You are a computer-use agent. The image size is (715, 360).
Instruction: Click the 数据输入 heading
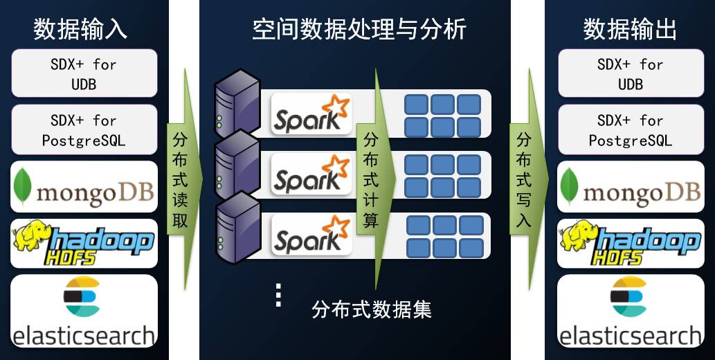click(80, 30)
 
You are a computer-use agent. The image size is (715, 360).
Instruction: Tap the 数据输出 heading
click(630, 30)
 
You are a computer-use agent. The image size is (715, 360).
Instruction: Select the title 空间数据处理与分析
click(359, 30)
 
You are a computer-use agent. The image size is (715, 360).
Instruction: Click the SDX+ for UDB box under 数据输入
click(84, 73)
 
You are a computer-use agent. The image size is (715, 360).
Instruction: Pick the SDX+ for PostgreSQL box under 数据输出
click(631, 130)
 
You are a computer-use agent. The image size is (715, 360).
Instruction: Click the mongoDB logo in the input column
click(84, 187)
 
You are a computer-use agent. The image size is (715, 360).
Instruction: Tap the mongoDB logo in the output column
click(631, 187)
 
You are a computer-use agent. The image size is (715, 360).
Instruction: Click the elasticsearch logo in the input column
click(84, 312)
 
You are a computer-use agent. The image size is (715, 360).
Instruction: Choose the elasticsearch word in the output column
click(631, 336)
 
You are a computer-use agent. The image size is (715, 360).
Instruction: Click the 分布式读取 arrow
click(182, 180)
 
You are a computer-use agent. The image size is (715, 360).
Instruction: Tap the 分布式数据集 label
click(372, 309)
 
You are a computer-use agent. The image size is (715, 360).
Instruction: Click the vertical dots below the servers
click(278, 295)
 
